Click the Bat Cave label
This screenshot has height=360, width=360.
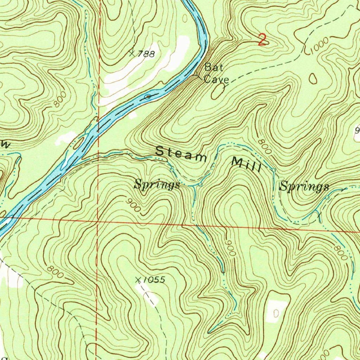pyautogui.click(x=216, y=73)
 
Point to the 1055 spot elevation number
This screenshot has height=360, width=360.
pyautogui.click(x=154, y=280)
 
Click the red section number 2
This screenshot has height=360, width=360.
pyautogui.click(x=262, y=40)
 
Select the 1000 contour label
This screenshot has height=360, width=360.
pyautogui.click(x=320, y=46)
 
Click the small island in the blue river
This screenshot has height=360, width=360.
pyautogui.click(x=148, y=96)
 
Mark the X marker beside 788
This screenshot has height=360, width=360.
pyautogui.click(x=132, y=53)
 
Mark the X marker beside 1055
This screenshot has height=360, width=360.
pyautogui.click(x=139, y=280)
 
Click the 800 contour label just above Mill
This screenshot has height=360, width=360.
pyautogui.click(x=264, y=146)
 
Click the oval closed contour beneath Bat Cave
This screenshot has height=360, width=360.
pyautogui.click(x=217, y=92)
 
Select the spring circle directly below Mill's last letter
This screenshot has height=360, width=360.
pyautogui.click(x=274, y=170)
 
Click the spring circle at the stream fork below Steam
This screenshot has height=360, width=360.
pyautogui.click(x=200, y=185)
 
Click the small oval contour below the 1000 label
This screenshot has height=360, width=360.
pyautogui.click(x=313, y=78)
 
